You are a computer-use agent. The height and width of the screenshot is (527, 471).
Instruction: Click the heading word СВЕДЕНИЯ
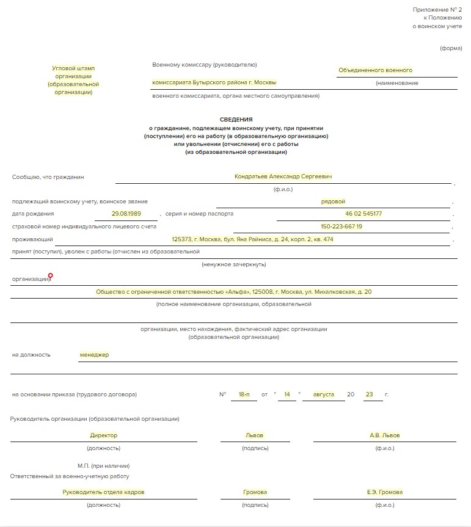236,120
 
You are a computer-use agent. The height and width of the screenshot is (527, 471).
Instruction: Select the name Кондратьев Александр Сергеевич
283,176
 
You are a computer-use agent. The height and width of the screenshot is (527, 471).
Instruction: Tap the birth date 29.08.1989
126,214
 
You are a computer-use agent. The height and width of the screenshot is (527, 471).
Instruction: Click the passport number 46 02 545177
363,214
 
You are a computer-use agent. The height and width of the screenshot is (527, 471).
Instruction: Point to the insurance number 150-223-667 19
341,227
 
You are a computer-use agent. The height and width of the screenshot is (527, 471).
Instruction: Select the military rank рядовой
333,201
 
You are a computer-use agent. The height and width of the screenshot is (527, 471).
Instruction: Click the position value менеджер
94,355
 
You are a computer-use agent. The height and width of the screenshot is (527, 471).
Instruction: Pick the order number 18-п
244,394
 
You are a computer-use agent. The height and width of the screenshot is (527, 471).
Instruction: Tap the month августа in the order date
323,394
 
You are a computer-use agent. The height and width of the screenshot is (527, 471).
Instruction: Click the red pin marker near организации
51,277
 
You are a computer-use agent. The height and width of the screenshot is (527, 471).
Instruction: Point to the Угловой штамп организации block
73,80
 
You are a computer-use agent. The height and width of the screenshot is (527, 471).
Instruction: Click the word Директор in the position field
103,435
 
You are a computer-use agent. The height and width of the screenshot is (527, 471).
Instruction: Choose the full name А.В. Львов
385,435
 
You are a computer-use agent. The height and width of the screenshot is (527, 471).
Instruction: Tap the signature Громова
255,492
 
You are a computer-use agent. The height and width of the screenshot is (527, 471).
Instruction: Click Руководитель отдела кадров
103,492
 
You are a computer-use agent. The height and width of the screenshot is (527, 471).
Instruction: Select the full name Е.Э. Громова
385,492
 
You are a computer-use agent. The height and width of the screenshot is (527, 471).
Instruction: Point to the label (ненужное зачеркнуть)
233,264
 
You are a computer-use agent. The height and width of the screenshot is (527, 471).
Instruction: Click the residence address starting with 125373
252,239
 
